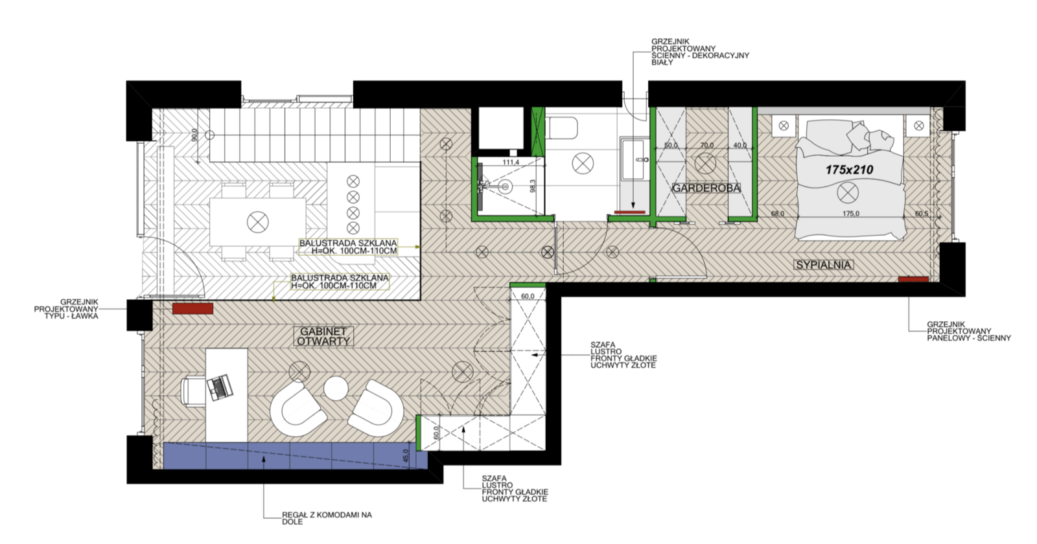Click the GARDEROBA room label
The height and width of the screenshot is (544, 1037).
click(x=706, y=188)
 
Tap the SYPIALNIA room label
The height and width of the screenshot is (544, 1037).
click(x=824, y=265)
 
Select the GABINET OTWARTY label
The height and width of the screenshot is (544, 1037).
click(x=323, y=336)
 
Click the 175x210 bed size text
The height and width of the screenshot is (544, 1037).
click(x=850, y=170)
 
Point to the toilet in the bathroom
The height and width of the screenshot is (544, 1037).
click(x=562, y=128)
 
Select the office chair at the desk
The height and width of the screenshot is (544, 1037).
click(x=192, y=391)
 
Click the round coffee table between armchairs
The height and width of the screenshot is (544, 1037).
click(x=336, y=389)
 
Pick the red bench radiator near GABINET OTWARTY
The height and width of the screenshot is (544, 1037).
click(x=192, y=308)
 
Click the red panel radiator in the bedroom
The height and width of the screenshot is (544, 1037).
click(x=913, y=279)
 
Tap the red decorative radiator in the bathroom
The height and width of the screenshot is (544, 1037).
click(x=629, y=212)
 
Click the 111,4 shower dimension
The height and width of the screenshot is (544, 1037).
click(x=511, y=162)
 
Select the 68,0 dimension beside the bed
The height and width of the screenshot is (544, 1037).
click(x=778, y=214)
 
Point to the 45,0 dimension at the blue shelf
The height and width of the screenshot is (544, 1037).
click(x=406, y=456)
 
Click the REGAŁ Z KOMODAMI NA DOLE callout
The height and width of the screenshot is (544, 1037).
click(x=327, y=518)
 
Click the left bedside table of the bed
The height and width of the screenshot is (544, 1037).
click(x=784, y=126)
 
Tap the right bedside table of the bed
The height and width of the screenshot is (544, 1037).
click(x=919, y=126)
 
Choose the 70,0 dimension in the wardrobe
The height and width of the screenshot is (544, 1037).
click(x=707, y=145)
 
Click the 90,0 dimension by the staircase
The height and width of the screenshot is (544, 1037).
click(x=195, y=135)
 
